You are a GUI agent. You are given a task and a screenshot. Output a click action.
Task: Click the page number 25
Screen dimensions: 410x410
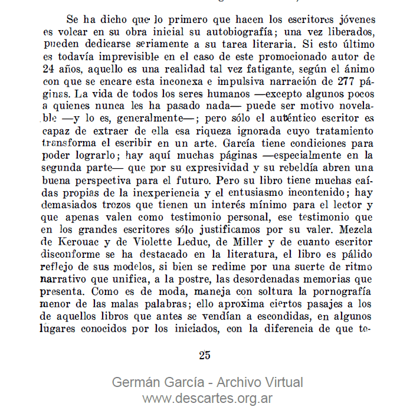[205, 355]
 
